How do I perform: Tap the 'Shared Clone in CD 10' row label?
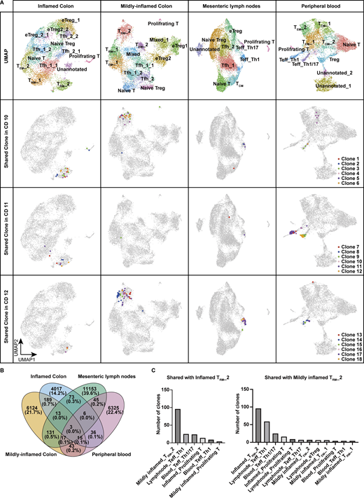7,150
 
